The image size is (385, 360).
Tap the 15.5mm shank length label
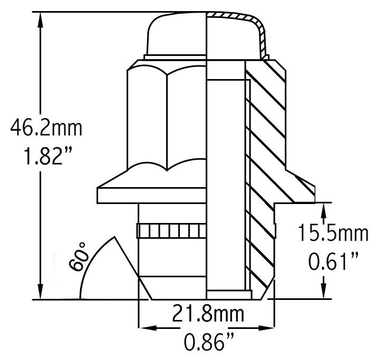click(x=332, y=233)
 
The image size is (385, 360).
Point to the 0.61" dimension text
click(x=332, y=260)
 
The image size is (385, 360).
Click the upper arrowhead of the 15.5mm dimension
click(x=324, y=209)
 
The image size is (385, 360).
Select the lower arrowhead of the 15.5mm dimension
click(x=324, y=293)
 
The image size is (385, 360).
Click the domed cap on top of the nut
click(x=177, y=34)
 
